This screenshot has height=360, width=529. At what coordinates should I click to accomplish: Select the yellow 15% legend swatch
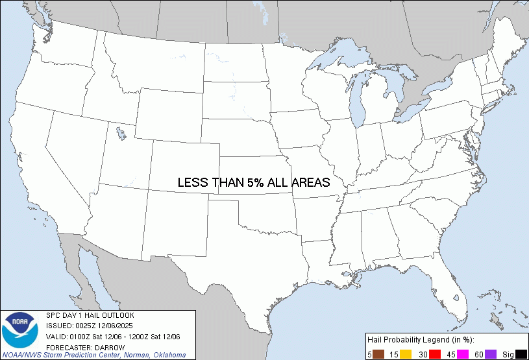coord(406,354)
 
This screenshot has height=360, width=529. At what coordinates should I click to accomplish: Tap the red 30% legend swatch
coord(434,354)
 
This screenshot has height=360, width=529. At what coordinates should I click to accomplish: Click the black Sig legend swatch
coord(521,354)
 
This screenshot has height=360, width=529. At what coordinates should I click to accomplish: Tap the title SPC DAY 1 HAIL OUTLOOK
coord(90,315)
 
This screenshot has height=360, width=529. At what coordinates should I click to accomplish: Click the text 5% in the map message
coord(254,183)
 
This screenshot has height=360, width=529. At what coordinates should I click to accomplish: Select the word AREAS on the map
coord(311,183)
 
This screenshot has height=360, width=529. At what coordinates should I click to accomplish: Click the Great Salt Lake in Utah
coord(121,134)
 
